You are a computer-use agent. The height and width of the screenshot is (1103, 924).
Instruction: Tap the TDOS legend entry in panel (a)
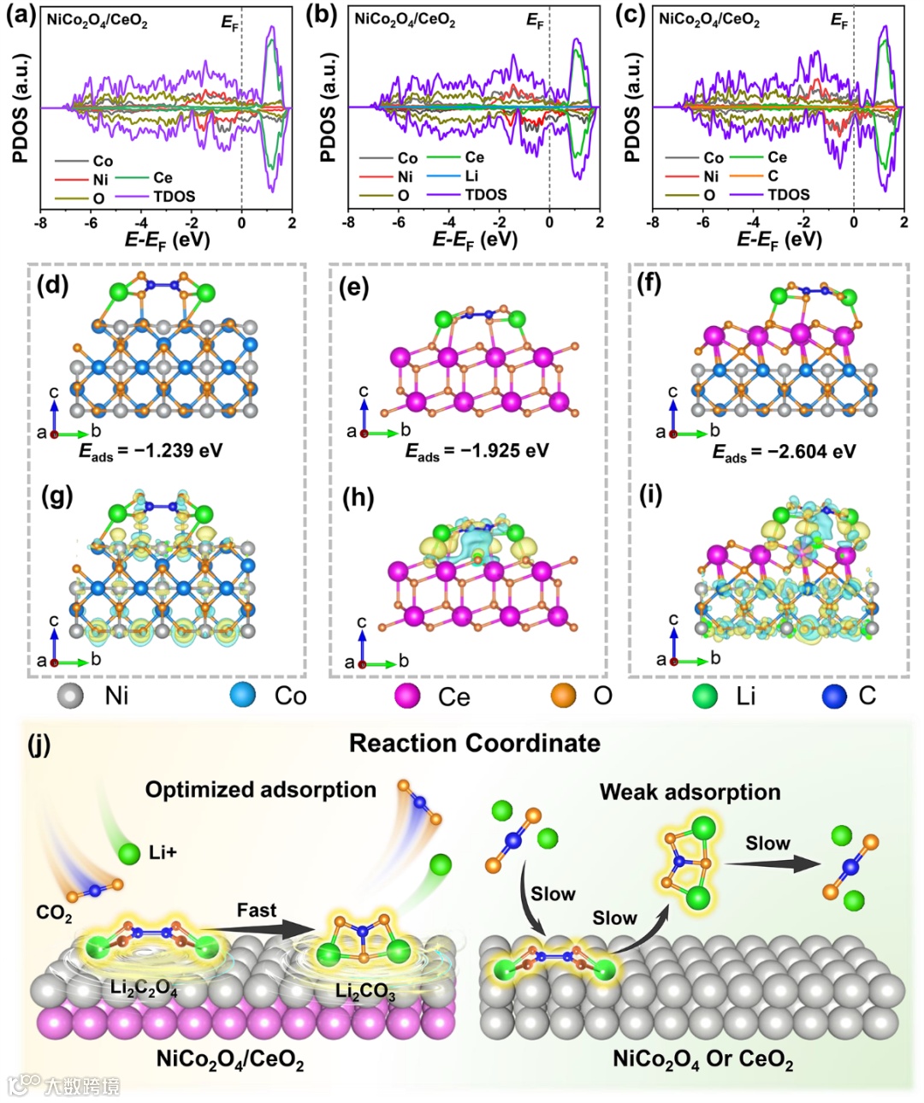[x=174, y=197]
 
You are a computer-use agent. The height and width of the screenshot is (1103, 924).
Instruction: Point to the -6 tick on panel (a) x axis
[x=91, y=222]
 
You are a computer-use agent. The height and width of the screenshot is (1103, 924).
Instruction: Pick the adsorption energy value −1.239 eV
[x=151, y=451]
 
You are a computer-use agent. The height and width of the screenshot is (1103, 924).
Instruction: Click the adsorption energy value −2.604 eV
[x=785, y=451]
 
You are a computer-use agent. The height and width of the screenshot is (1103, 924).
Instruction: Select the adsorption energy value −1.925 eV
[x=477, y=451]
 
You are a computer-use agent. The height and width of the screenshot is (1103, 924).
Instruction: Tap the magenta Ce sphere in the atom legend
[x=407, y=696]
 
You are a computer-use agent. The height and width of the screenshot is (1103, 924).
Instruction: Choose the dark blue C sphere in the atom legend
[x=834, y=696]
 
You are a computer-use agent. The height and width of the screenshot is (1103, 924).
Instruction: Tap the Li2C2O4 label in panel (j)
[x=144, y=988]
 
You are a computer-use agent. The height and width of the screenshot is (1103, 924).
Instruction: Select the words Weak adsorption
[x=690, y=792]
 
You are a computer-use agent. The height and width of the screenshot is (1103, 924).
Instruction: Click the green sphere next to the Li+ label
[x=129, y=853]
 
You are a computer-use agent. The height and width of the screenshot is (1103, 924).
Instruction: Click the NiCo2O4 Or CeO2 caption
[x=702, y=1059]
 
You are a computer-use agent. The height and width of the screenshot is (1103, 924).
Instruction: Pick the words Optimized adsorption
[x=260, y=790]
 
